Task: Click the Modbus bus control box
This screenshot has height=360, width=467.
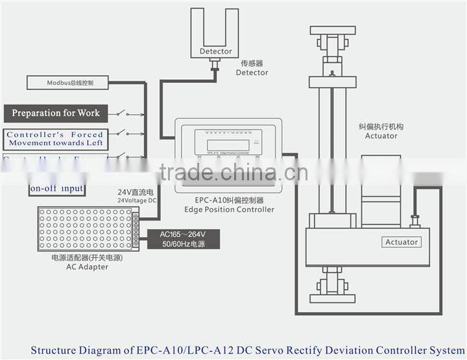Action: (x=70, y=83)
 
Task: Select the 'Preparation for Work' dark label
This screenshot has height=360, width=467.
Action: (x=56, y=113)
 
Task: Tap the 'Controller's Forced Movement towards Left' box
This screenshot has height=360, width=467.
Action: (x=56, y=139)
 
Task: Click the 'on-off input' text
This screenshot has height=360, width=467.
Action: (x=56, y=189)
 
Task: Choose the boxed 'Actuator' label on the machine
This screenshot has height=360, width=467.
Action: (x=401, y=242)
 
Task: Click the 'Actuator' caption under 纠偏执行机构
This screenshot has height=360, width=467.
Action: (x=381, y=136)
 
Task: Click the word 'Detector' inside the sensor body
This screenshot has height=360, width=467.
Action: (x=215, y=51)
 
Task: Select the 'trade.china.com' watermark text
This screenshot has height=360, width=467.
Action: (x=233, y=173)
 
